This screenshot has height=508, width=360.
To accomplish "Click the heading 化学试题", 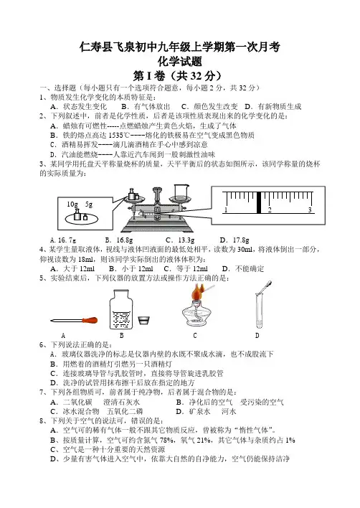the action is (x=180, y=61).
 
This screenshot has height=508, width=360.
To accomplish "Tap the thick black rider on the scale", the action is (x=259, y=202).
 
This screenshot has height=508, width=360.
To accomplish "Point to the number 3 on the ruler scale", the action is (x=310, y=210).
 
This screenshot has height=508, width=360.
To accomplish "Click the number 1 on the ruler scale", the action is (x=226, y=210).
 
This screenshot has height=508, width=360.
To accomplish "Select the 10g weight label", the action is (x=72, y=204).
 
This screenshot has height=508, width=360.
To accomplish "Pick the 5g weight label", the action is (x=89, y=204).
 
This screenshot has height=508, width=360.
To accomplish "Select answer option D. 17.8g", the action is (x=235, y=240).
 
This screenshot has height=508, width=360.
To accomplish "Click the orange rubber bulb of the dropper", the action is (x=90, y=321).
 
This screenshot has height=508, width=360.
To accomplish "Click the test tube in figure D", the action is (x=259, y=310).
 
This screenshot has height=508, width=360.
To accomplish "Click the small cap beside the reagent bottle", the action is (x=143, y=321).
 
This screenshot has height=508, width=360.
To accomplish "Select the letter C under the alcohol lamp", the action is (x=195, y=335).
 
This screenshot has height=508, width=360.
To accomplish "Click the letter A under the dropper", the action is (x=63, y=335).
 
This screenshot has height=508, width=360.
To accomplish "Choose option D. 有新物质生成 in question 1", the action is (x=273, y=107).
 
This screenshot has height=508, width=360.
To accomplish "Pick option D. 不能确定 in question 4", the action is (x=243, y=268).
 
